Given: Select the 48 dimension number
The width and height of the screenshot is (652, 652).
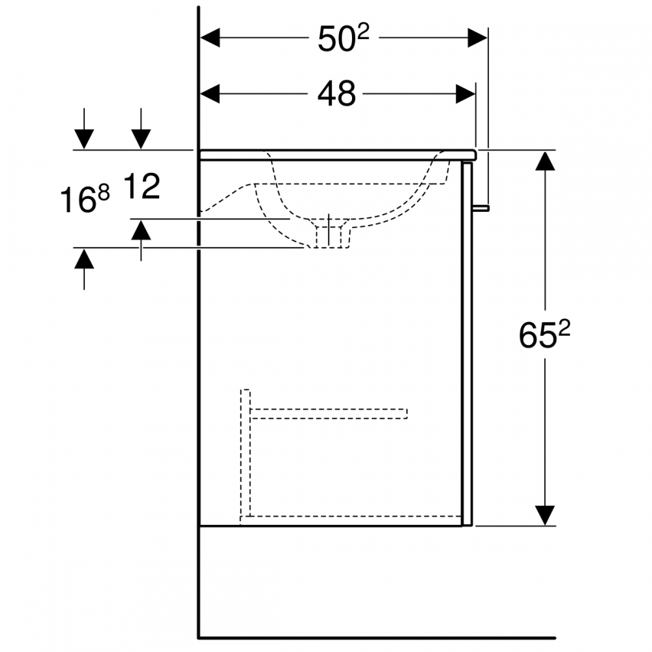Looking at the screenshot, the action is point(337,93).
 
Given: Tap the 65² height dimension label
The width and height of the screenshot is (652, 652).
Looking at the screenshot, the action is point(544,334).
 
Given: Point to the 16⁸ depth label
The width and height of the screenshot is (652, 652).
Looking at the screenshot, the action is point(85,198).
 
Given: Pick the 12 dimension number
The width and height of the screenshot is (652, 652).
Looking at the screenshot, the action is point(141,186).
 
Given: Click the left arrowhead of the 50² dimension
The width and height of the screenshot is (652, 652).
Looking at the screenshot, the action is point(210,38).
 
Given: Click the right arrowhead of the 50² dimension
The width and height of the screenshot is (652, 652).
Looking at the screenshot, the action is point(477,38).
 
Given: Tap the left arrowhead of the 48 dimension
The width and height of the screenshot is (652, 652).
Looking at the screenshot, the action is point(210,94).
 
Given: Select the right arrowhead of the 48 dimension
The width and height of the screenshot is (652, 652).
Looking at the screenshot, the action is point(466,94).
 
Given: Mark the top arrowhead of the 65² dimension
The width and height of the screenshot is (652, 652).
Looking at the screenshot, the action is point(545,160).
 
